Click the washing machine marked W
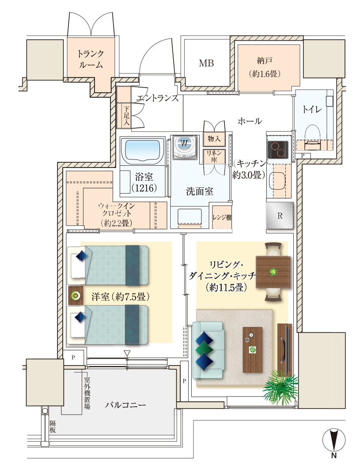point(184,147)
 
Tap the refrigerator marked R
point(280,215)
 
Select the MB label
point(207,63)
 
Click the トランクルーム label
point(91,59)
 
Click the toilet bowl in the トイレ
point(312,137)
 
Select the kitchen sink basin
point(277,182)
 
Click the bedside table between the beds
point(76,296)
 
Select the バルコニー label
point(125,405)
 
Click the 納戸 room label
point(265,61)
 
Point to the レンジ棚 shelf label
point(222,217)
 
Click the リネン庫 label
point(214,156)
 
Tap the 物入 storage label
point(214,138)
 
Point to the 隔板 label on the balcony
point(52,427)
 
